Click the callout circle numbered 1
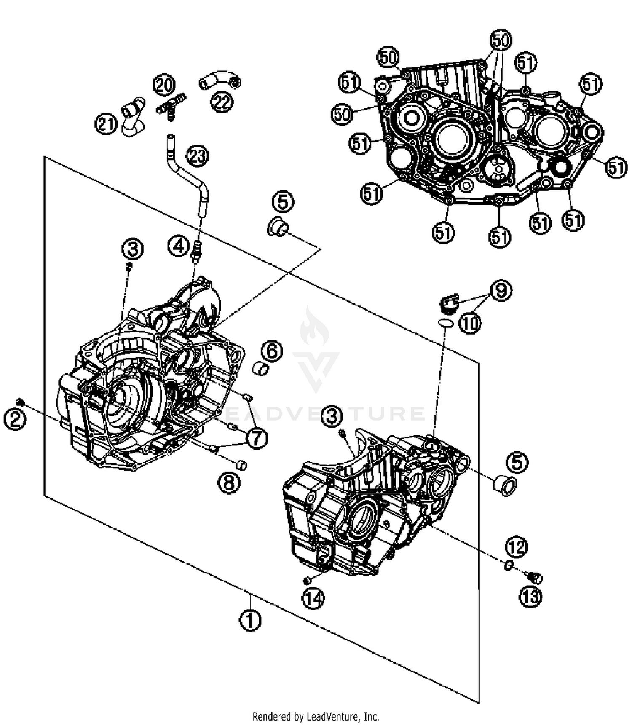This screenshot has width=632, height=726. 250,620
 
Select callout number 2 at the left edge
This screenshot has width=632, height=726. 15,420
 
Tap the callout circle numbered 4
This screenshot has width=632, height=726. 179,246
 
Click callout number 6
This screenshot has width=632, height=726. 272,351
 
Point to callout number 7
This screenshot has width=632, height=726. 257,438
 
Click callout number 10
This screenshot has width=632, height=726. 470,323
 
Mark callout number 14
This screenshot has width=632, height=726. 313,598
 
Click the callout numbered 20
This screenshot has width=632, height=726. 164,85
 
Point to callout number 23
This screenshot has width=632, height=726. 198,155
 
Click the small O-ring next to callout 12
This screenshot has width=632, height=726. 508,565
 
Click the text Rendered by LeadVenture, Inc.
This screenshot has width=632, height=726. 316,716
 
